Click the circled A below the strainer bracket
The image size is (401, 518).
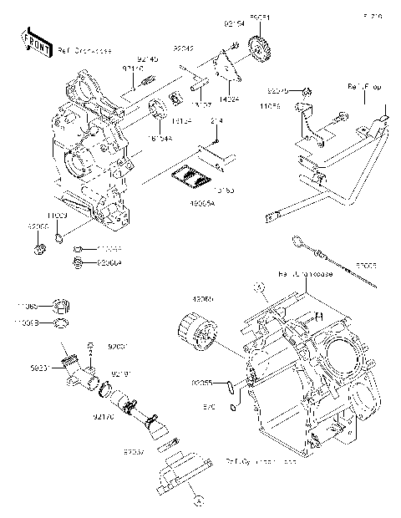(x=198, y=501)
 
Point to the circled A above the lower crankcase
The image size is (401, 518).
(x=259, y=286)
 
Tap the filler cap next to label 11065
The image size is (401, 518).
(x=60, y=304)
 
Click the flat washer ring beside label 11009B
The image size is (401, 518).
(x=61, y=322)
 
